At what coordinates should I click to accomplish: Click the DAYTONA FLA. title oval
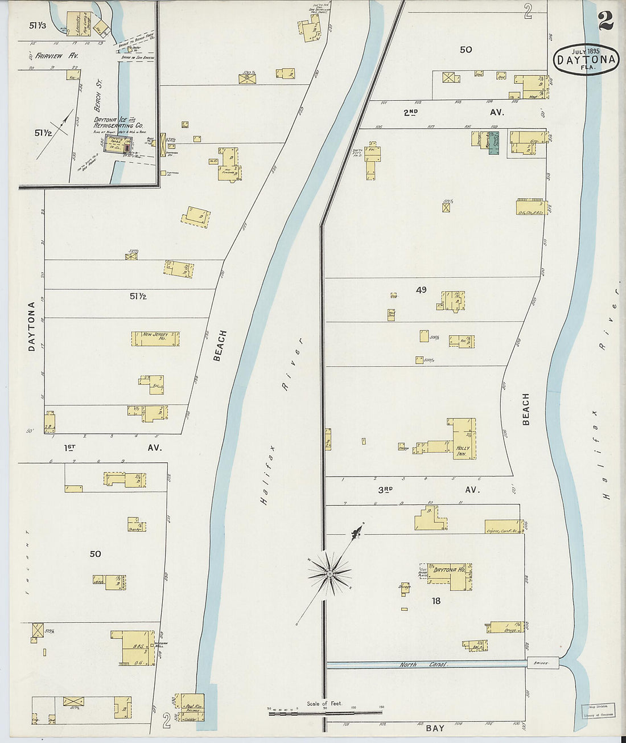pyautogui.click(x=586, y=60)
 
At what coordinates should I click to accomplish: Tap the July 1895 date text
pyautogui.click(x=586, y=50)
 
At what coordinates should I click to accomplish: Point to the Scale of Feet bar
pyautogui.click(x=325, y=712)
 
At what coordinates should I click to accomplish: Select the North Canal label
pyautogui.click(x=423, y=664)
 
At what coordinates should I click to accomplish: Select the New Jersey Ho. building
pyautogui.click(x=155, y=339)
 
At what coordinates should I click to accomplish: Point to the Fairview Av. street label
pyautogui.click(x=53, y=56)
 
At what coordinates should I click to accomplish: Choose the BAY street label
pyautogui.click(x=435, y=728)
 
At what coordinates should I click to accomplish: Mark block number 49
pyautogui.click(x=421, y=290)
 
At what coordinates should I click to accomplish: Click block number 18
pyautogui.click(x=436, y=601)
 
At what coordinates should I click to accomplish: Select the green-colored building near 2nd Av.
pyautogui.click(x=493, y=142)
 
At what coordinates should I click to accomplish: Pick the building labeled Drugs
pyautogui.click(x=505, y=627)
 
